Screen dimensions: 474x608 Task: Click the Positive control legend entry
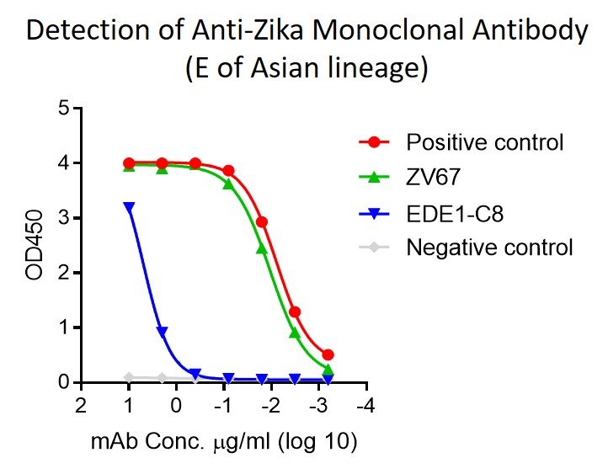click(484, 141)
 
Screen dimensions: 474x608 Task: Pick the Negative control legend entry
click(489, 248)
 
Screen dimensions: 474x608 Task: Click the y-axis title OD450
click(35, 246)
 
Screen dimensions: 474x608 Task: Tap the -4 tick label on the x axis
click(365, 406)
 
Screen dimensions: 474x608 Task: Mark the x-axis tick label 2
click(81, 406)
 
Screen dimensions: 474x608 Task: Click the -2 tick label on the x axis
click(269, 406)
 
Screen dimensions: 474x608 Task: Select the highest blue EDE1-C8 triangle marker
click(129, 206)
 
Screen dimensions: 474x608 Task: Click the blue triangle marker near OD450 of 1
click(162, 332)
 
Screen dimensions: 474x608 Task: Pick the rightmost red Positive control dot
click(328, 354)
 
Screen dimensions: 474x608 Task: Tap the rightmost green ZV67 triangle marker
click(328, 370)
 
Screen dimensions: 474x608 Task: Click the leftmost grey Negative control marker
click(129, 377)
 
